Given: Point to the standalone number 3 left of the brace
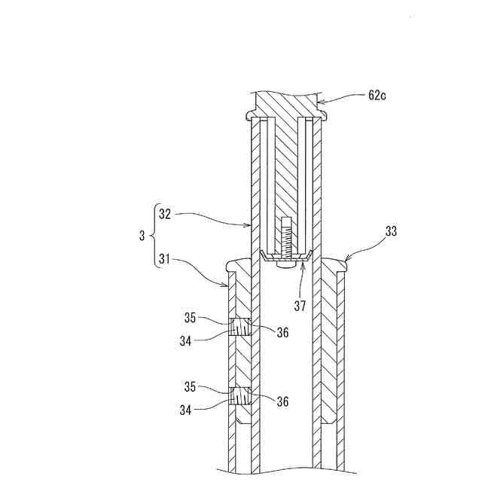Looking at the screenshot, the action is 141,237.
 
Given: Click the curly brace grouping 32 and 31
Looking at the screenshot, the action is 154,237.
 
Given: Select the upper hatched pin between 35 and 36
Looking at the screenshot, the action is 239,328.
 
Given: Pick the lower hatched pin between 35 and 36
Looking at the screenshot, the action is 239,396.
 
